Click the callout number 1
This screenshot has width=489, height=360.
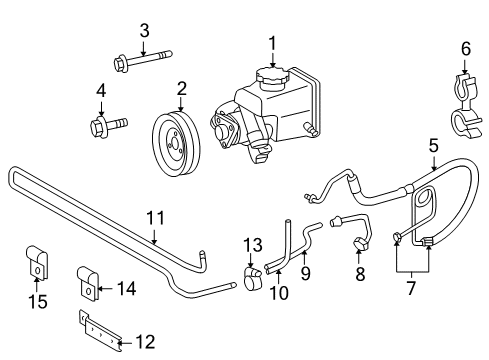[x=270, y=42]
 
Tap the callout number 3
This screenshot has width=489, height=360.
[x=143, y=29]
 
